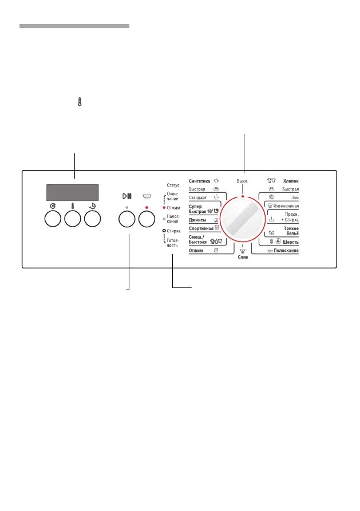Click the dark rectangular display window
click(72, 192)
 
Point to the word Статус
click(173, 185)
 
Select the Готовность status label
click(172, 242)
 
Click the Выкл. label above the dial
click(243, 181)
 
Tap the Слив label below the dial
click(243, 258)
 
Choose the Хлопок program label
click(291, 181)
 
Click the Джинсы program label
click(198, 220)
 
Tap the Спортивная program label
click(200, 228)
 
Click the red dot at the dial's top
click(243, 196)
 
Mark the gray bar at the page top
click(74, 26)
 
